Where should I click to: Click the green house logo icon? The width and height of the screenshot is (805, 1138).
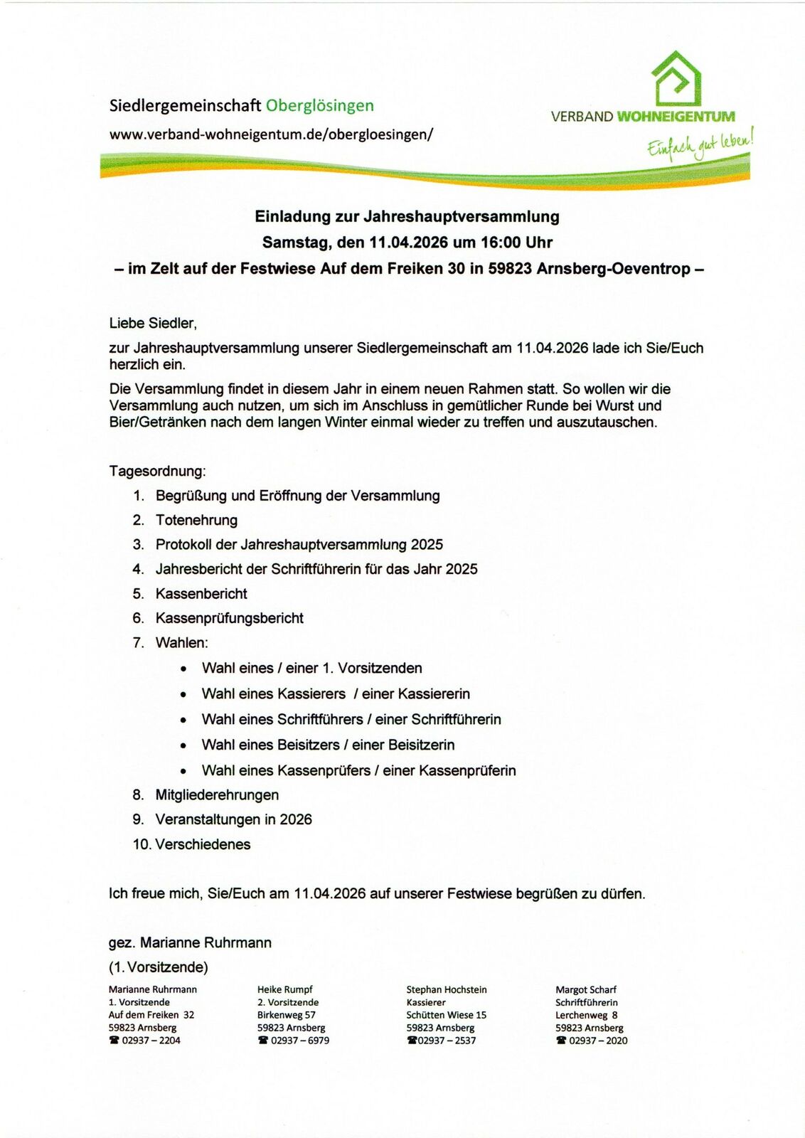pos(676,79)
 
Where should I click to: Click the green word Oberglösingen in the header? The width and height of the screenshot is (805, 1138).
pos(319,106)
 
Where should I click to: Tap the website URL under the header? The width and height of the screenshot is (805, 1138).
pos(271,134)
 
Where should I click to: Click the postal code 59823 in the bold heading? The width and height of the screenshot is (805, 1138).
pos(510,269)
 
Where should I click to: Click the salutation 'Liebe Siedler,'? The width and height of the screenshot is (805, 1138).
pos(153,324)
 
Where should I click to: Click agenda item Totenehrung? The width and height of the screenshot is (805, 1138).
pos(196,520)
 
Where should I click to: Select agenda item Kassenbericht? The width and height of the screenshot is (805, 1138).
pos(201,594)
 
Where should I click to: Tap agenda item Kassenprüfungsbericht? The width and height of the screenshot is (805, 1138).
pos(229,618)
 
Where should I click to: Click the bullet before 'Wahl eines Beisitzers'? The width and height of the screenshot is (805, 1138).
pos(183,746)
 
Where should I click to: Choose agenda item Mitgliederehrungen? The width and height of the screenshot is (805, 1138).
pos(217,795)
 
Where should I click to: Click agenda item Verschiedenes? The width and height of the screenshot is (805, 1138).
pos(203,844)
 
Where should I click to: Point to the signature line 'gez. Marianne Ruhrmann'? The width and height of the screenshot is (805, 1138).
pos(190,943)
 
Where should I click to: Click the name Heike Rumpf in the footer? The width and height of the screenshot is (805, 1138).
pos(284,989)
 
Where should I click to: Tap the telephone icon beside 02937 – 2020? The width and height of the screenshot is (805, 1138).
pos(560,1041)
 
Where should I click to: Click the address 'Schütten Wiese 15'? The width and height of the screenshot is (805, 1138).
pos(446,1015)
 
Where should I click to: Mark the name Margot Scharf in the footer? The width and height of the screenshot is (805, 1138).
pos(585,989)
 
